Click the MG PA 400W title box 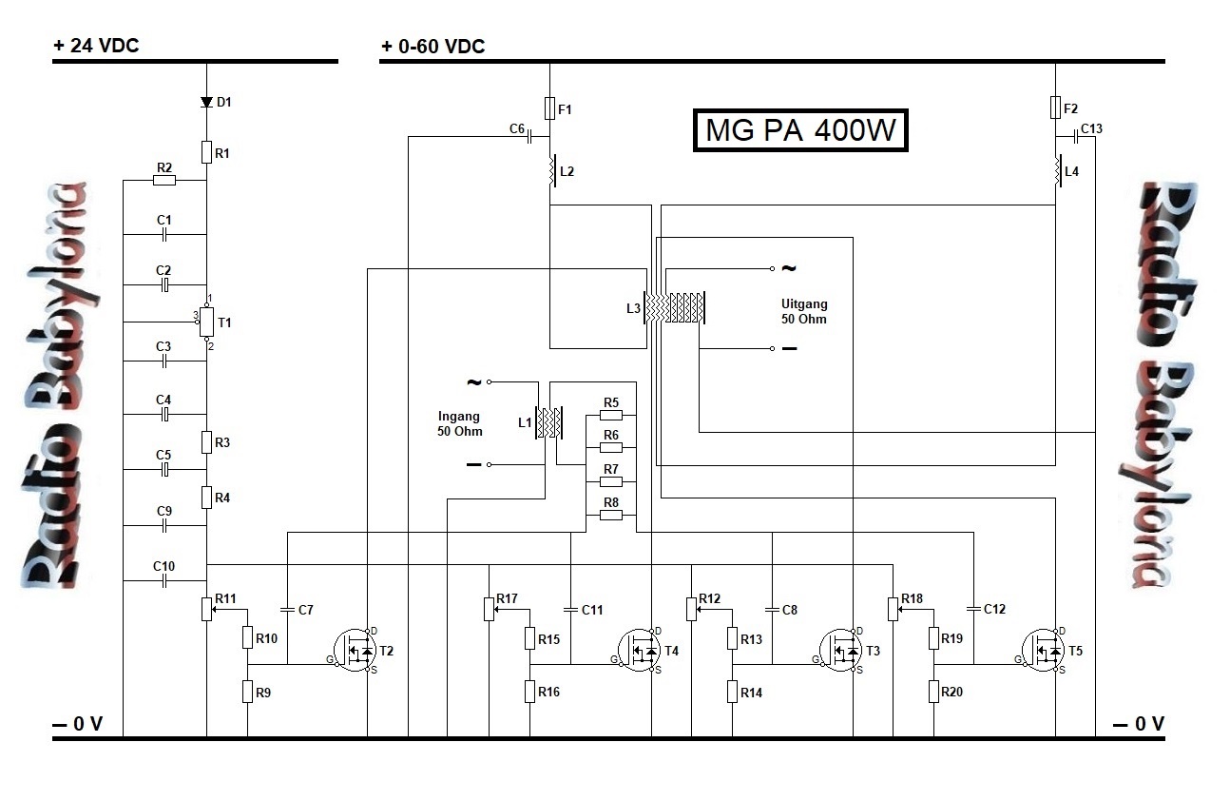(x=800, y=130)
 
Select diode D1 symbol (x=206, y=102)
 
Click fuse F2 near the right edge (x=1055, y=107)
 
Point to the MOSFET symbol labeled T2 (x=358, y=651)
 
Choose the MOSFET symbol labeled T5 (x=1046, y=651)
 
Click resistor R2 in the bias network (x=164, y=180)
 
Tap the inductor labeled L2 (x=549, y=172)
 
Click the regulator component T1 (x=206, y=323)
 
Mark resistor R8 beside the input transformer (x=611, y=515)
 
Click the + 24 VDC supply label (x=97, y=46)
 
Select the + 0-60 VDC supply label (x=433, y=46)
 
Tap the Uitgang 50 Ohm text (x=804, y=311)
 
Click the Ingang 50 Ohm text (x=460, y=423)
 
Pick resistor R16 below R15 (x=529, y=692)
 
